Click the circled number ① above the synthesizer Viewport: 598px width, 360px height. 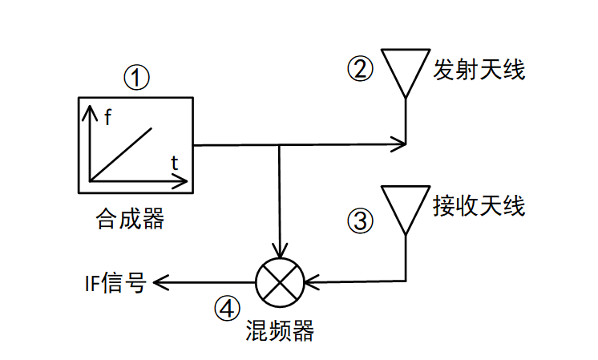[137, 78]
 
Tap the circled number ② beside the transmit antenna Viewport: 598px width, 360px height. [360, 69]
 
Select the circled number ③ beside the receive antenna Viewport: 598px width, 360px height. [361, 220]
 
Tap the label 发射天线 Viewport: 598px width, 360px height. [479, 69]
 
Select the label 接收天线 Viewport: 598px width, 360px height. [479, 206]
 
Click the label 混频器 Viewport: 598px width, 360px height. [279, 331]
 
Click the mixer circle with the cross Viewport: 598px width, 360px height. [280, 281]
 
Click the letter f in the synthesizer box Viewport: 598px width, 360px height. [107, 118]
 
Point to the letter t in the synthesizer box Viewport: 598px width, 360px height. [175, 164]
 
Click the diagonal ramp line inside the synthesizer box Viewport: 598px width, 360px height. [121, 152]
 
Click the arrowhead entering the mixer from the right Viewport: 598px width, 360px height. [311, 281]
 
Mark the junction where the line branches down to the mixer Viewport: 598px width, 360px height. [280, 145]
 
